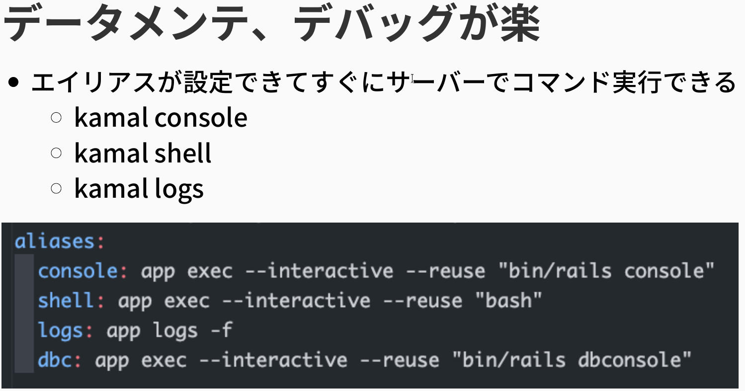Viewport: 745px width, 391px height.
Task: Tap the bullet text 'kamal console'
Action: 161,118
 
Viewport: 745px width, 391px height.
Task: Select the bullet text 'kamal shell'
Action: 143,153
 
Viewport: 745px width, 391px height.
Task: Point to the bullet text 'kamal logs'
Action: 139,188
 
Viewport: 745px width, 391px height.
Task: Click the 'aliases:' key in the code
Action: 60,241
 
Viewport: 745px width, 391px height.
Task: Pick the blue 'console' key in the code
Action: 78,271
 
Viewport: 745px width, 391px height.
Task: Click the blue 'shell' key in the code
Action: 72,301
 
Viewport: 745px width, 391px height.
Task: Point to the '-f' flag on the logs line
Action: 222,330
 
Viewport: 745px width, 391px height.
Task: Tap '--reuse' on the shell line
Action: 434,301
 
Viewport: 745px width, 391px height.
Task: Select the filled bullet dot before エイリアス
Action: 14,82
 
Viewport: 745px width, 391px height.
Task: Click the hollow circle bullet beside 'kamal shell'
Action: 56,153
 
